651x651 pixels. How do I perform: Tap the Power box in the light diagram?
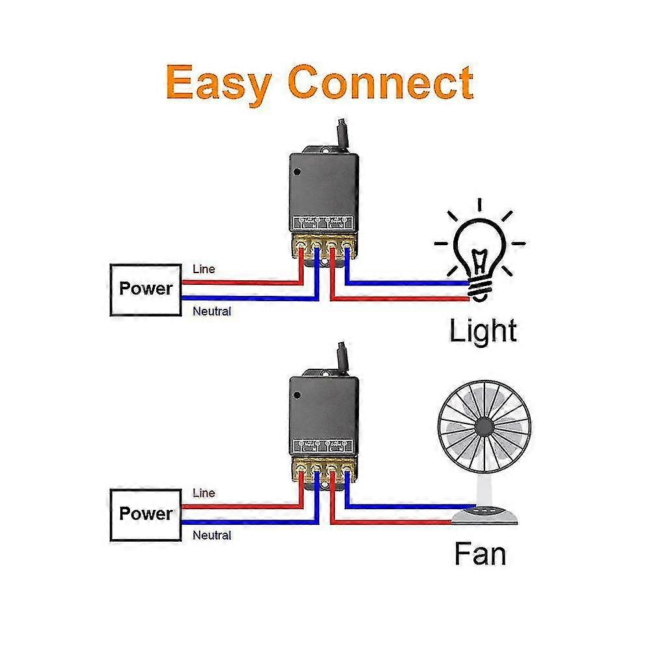146,289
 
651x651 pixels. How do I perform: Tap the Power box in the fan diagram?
146,514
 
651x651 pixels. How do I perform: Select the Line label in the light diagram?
204,269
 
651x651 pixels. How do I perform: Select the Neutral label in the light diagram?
211,312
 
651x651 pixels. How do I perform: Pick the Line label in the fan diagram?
204,493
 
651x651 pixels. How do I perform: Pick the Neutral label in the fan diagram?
211,535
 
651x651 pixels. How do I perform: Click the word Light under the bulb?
483,330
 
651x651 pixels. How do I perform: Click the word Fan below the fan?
479,555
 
